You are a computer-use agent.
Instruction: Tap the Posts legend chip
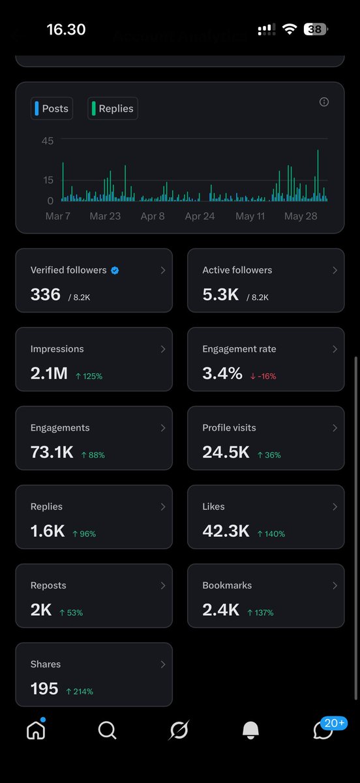52,108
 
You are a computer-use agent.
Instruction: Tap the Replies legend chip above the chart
113,108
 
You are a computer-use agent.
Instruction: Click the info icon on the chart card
324,102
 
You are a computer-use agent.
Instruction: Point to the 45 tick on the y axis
48,141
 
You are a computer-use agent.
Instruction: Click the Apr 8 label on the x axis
153,216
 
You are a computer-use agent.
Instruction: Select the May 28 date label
301,216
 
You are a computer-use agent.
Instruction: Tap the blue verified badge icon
115,270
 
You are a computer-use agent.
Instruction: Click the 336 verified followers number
46,294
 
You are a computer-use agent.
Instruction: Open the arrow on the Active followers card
335,270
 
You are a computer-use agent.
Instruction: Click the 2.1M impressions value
49,373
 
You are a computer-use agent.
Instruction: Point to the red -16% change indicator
263,376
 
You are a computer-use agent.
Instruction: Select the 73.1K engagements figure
52,452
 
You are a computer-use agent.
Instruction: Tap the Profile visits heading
229,427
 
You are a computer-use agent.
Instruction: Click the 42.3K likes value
226,531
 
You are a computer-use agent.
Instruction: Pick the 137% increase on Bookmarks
260,613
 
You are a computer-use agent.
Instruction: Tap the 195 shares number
44,688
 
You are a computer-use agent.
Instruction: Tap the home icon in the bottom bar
36,731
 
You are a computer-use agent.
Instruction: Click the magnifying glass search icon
107,730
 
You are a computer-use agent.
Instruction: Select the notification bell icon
250,730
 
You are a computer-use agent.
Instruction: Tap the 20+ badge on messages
334,723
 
